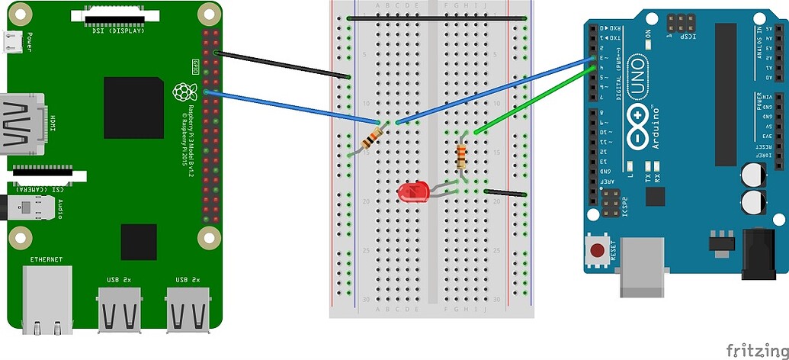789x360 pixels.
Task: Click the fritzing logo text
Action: [755, 350]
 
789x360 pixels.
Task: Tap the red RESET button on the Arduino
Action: [597, 249]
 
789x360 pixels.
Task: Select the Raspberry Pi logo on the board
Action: [182, 92]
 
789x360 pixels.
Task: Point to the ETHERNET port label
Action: [47, 260]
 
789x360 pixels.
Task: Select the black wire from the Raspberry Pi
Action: [282, 64]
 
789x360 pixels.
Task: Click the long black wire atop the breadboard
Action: [436, 18]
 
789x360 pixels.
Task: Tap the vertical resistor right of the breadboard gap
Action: [461, 156]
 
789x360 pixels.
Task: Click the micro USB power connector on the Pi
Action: [11, 44]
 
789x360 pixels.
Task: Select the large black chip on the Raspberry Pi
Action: [133, 107]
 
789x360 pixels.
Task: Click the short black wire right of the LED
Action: [505, 193]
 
